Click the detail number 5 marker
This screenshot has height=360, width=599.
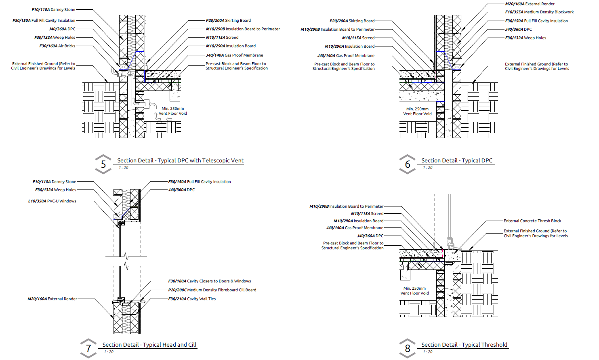point(103,164)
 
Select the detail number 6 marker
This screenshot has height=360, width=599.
point(408,164)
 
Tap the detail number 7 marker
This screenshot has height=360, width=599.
point(88,348)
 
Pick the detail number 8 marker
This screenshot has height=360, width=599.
point(408,348)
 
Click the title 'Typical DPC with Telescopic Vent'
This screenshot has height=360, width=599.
point(180,160)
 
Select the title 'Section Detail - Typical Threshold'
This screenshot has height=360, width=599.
point(464,345)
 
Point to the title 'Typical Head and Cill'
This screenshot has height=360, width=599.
point(149,345)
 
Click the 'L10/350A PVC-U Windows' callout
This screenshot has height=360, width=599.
point(52,201)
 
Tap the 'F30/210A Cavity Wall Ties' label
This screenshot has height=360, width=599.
point(192,299)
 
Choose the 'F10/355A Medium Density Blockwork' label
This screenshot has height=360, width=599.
point(539,12)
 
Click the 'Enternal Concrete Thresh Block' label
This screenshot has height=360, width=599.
point(532,221)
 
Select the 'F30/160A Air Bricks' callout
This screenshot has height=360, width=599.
point(57,46)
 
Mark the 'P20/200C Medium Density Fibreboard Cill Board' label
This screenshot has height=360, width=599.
point(212,290)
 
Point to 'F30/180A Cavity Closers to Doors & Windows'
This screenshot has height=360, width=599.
point(209,281)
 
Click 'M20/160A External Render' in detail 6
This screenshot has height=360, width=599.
point(530,4)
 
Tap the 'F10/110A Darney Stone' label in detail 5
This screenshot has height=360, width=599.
point(53,10)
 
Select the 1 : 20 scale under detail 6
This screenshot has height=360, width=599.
point(428,168)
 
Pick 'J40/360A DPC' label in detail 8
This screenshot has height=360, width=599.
point(370,236)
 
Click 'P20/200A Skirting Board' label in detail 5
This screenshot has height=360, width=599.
point(228,21)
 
